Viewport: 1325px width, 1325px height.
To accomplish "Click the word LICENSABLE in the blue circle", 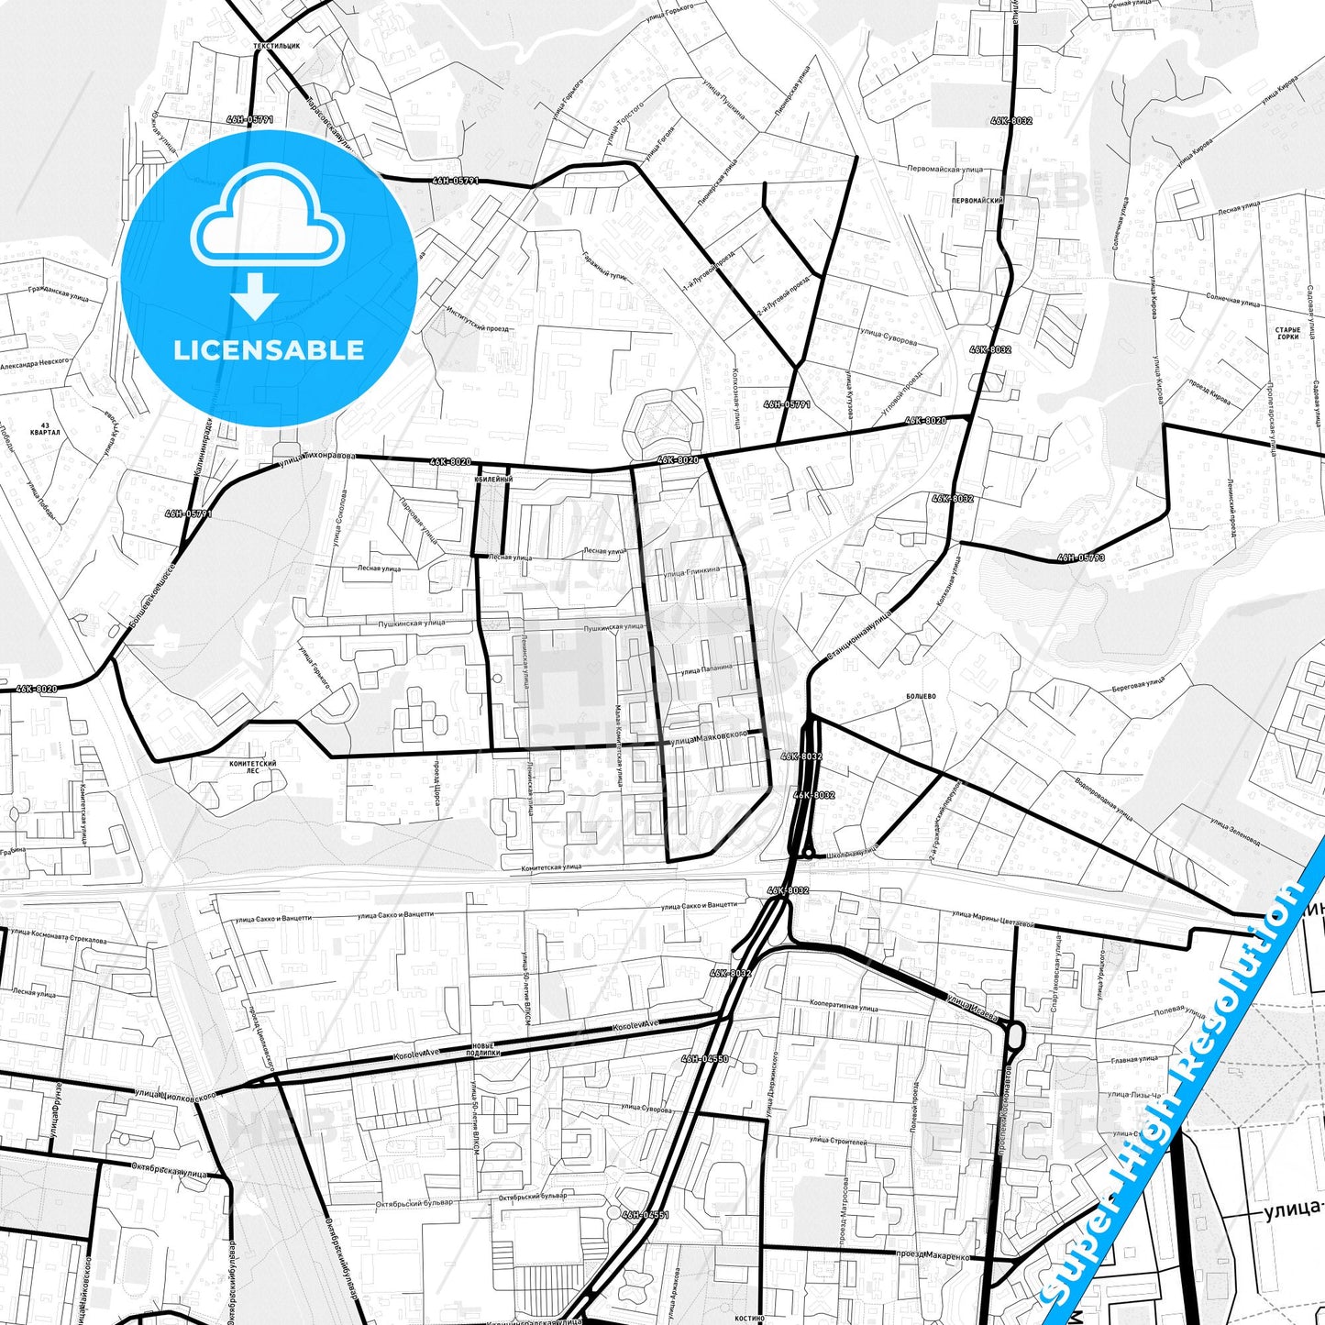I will [269, 349].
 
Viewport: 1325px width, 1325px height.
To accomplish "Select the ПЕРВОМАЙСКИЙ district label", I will [977, 200].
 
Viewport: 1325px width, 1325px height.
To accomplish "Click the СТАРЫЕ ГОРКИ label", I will [1287, 333].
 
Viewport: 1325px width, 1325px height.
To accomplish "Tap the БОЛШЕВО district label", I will [920, 697].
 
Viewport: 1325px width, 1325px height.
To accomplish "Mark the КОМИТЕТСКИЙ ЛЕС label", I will [253, 767].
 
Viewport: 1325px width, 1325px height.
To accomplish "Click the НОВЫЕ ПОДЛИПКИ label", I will [483, 1050].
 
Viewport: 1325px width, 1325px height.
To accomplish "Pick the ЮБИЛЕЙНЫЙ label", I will [493, 480].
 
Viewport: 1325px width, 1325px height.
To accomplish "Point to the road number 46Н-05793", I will [1081, 557].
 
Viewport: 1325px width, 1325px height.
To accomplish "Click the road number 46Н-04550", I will [704, 1058].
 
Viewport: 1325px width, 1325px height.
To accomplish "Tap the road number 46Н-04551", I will [646, 1214].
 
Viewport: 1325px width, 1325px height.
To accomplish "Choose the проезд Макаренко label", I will [933, 1253].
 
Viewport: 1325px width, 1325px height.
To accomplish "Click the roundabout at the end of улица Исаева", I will [1014, 1036].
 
